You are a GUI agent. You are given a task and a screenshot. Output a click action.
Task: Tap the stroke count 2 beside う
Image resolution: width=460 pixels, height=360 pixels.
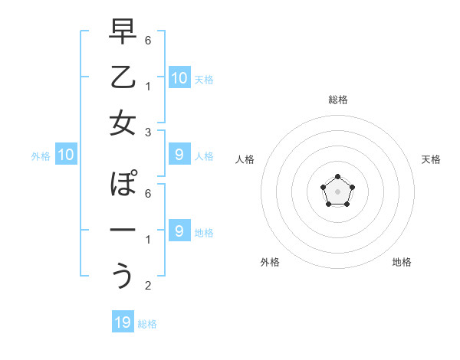(149, 286)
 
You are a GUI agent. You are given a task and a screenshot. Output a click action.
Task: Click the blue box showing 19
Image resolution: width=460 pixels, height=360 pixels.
(123, 322)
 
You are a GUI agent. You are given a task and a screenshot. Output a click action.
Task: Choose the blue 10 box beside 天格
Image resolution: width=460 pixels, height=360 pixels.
(179, 78)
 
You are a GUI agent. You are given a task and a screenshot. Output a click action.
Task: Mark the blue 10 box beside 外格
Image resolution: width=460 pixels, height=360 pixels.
(65, 155)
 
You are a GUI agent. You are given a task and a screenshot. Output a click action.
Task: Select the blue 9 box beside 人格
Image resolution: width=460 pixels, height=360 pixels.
(179, 155)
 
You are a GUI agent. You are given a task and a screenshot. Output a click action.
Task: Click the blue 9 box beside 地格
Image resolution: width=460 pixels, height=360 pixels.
(179, 231)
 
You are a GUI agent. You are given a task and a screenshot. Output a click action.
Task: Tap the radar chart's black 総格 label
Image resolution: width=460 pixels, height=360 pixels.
(337, 100)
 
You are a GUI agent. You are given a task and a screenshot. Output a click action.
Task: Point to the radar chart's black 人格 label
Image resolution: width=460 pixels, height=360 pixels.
(245, 159)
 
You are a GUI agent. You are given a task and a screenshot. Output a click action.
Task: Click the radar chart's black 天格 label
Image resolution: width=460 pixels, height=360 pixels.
(431, 159)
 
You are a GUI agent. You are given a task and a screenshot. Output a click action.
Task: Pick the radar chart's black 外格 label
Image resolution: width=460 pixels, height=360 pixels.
(270, 262)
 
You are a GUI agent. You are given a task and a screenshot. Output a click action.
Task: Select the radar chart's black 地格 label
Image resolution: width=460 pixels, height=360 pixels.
(402, 262)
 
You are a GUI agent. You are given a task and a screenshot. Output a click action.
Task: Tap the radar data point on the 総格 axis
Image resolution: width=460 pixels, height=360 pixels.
(337, 178)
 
